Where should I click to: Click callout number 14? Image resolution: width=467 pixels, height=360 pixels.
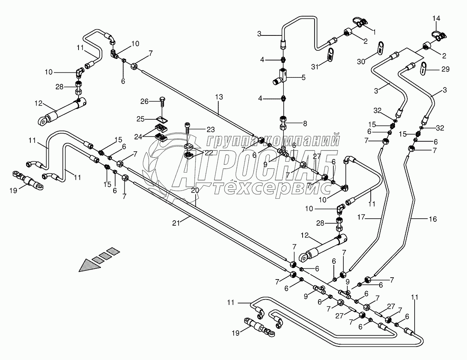click(436, 18)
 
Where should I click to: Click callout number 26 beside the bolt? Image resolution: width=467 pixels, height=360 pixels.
click(144, 102)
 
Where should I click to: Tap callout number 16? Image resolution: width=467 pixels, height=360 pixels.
click(433, 219)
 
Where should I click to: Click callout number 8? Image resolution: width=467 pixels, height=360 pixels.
click(305, 124)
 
